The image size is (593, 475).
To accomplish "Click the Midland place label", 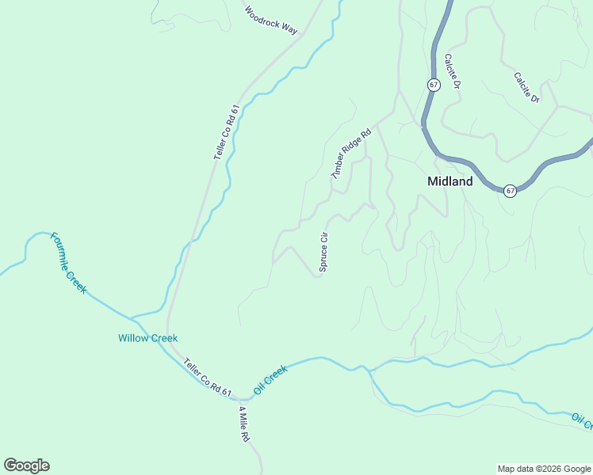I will pyautogui.click(x=450, y=181).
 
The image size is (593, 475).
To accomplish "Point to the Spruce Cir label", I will pyautogui.click(x=323, y=253).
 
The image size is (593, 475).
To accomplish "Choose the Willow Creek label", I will pyautogui.click(x=147, y=338).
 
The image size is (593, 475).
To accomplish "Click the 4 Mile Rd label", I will pyautogui.click(x=245, y=425).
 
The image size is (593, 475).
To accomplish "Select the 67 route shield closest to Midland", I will pyautogui.click(x=511, y=191).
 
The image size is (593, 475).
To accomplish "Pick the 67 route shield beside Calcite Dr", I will pyautogui.click(x=433, y=85).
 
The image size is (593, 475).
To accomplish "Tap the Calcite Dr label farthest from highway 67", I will pyautogui.click(x=526, y=88).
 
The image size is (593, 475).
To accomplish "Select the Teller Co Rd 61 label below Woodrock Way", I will pyautogui.click(x=226, y=133).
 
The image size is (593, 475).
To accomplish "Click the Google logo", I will pyautogui.click(x=26, y=465).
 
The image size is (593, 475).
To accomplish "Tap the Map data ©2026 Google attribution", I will pyautogui.click(x=544, y=469).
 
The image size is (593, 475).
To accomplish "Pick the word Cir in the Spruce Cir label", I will pyautogui.click(x=323, y=238).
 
